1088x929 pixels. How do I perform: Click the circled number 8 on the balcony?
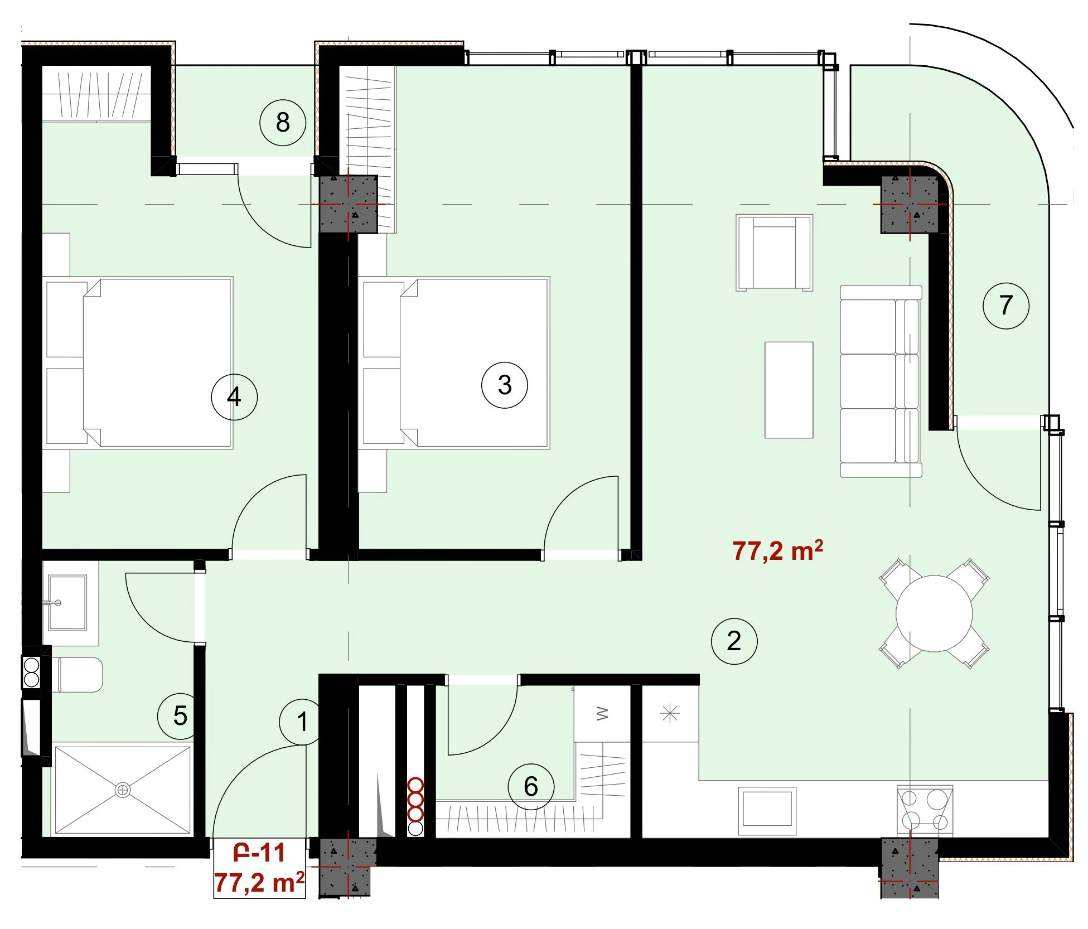click(x=283, y=123)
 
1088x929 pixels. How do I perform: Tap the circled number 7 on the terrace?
click(x=1005, y=305)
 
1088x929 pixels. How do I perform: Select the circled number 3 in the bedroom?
click(x=504, y=385)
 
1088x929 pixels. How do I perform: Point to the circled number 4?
click(x=234, y=397)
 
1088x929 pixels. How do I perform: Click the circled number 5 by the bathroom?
click(x=180, y=716)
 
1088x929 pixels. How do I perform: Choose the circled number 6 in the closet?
click(x=531, y=787)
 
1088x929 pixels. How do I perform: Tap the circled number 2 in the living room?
click(x=734, y=641)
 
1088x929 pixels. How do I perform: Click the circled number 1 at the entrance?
click(x=302, y=722)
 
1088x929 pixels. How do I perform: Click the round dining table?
click(x=934, y=613)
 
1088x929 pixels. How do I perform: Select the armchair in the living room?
click(x=774, y=253)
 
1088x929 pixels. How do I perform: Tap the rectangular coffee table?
click(x=789, y=390)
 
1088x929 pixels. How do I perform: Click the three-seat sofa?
click(x=881, y=381)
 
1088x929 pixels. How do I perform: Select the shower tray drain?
click(x=122, y=790)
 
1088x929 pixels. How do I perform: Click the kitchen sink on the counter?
click(x=767, y=807)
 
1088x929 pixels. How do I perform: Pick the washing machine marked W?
click(x=602, y=714)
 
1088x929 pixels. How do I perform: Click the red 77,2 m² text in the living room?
click(x=777, y=550)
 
